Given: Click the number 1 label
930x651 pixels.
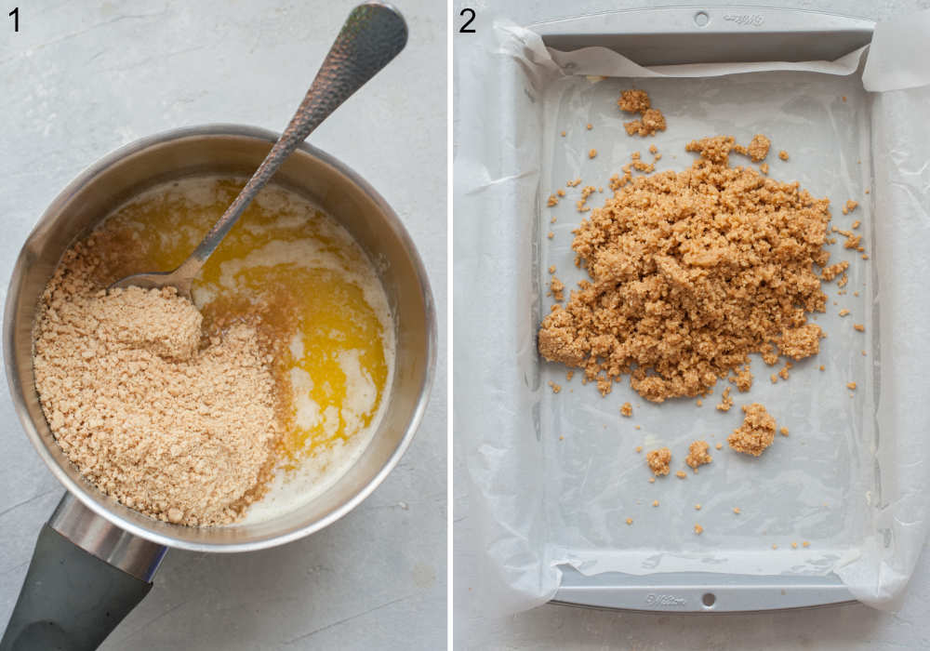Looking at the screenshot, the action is [x=14, y=19].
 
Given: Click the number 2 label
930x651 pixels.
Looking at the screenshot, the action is [x=467, y=20].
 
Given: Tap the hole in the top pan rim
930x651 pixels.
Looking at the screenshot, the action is [x=701, y=18].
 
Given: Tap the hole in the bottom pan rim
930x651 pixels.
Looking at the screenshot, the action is [x=710, y=600].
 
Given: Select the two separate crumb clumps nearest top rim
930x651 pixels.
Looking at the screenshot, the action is [x=642, y=113].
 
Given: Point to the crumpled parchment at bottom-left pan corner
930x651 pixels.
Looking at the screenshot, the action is [x=521, y=577].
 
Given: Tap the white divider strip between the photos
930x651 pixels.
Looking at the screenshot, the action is [x=450, y=325].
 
